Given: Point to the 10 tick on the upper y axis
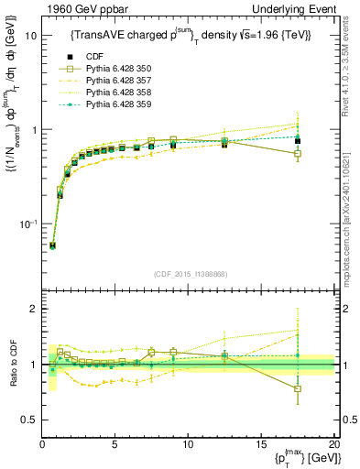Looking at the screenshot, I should pos(29,36).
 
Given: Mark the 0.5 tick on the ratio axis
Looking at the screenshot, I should pos(27,420).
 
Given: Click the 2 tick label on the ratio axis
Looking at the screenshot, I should pos(32,310).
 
